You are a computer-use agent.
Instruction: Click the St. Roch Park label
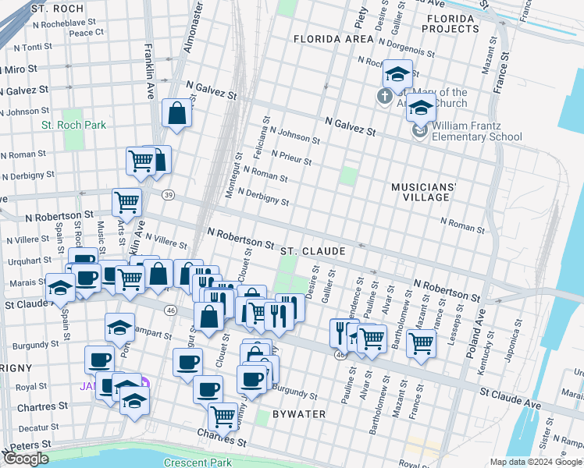click(x=73, y=125)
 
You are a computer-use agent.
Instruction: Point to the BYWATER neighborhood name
click(x=298, y=413)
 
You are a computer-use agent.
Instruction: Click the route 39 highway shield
click(x=167, y=194)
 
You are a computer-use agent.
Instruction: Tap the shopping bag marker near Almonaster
click(x=177, y=114)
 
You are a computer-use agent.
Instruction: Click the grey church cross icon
click(x=383, y=97)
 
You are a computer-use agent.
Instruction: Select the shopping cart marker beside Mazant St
click(x=421, y=342)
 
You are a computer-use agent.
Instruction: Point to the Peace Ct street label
click(x=86, y=33)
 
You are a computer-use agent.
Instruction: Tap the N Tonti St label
click(x=31, y=47)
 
